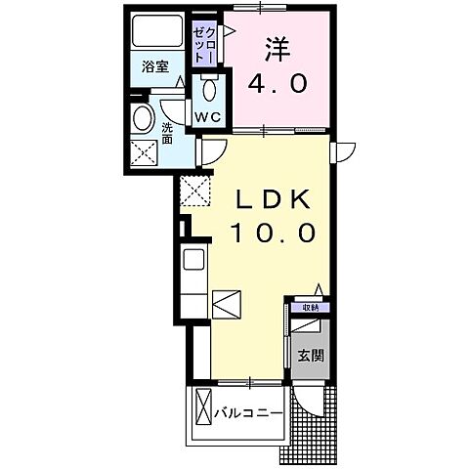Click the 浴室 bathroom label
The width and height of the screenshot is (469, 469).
154,67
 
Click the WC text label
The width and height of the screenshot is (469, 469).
209,117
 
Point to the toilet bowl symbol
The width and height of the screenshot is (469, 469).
207,90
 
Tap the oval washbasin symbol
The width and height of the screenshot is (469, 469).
144,119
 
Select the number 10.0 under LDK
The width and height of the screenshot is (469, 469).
273,234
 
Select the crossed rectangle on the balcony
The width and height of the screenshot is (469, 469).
203,410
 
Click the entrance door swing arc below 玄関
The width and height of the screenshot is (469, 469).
311,397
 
